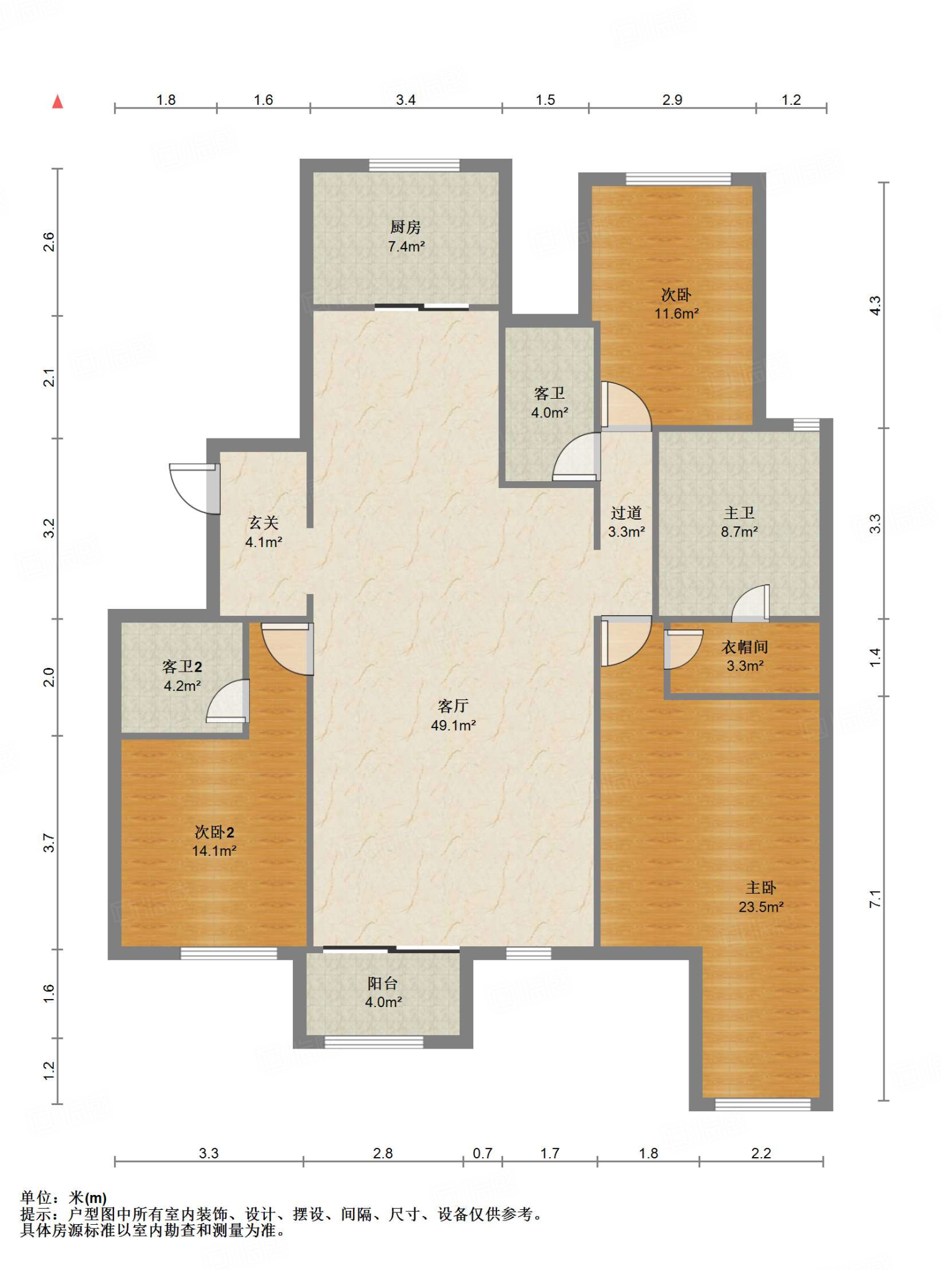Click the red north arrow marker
click(58, 102)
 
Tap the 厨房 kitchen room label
click(406, 228)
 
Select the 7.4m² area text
click(406, 247)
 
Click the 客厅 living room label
click(453, 706)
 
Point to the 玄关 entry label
click(264, 523)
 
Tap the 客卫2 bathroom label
click(182, 667)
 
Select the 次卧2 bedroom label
click(214, 832)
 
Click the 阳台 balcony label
click(383, 983)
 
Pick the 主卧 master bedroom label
click(760, 888)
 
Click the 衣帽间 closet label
click(745, 647)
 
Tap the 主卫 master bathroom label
click(739, 513)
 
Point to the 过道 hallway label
click(626, 513)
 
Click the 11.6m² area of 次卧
click(677, 314)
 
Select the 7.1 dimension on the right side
click(875, 899)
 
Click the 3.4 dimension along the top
click(406, 100)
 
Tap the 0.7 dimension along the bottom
click(483, 1153)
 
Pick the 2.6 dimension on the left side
click(49, 242)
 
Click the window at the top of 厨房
click(414, 166)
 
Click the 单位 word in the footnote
click(36, 1197)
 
